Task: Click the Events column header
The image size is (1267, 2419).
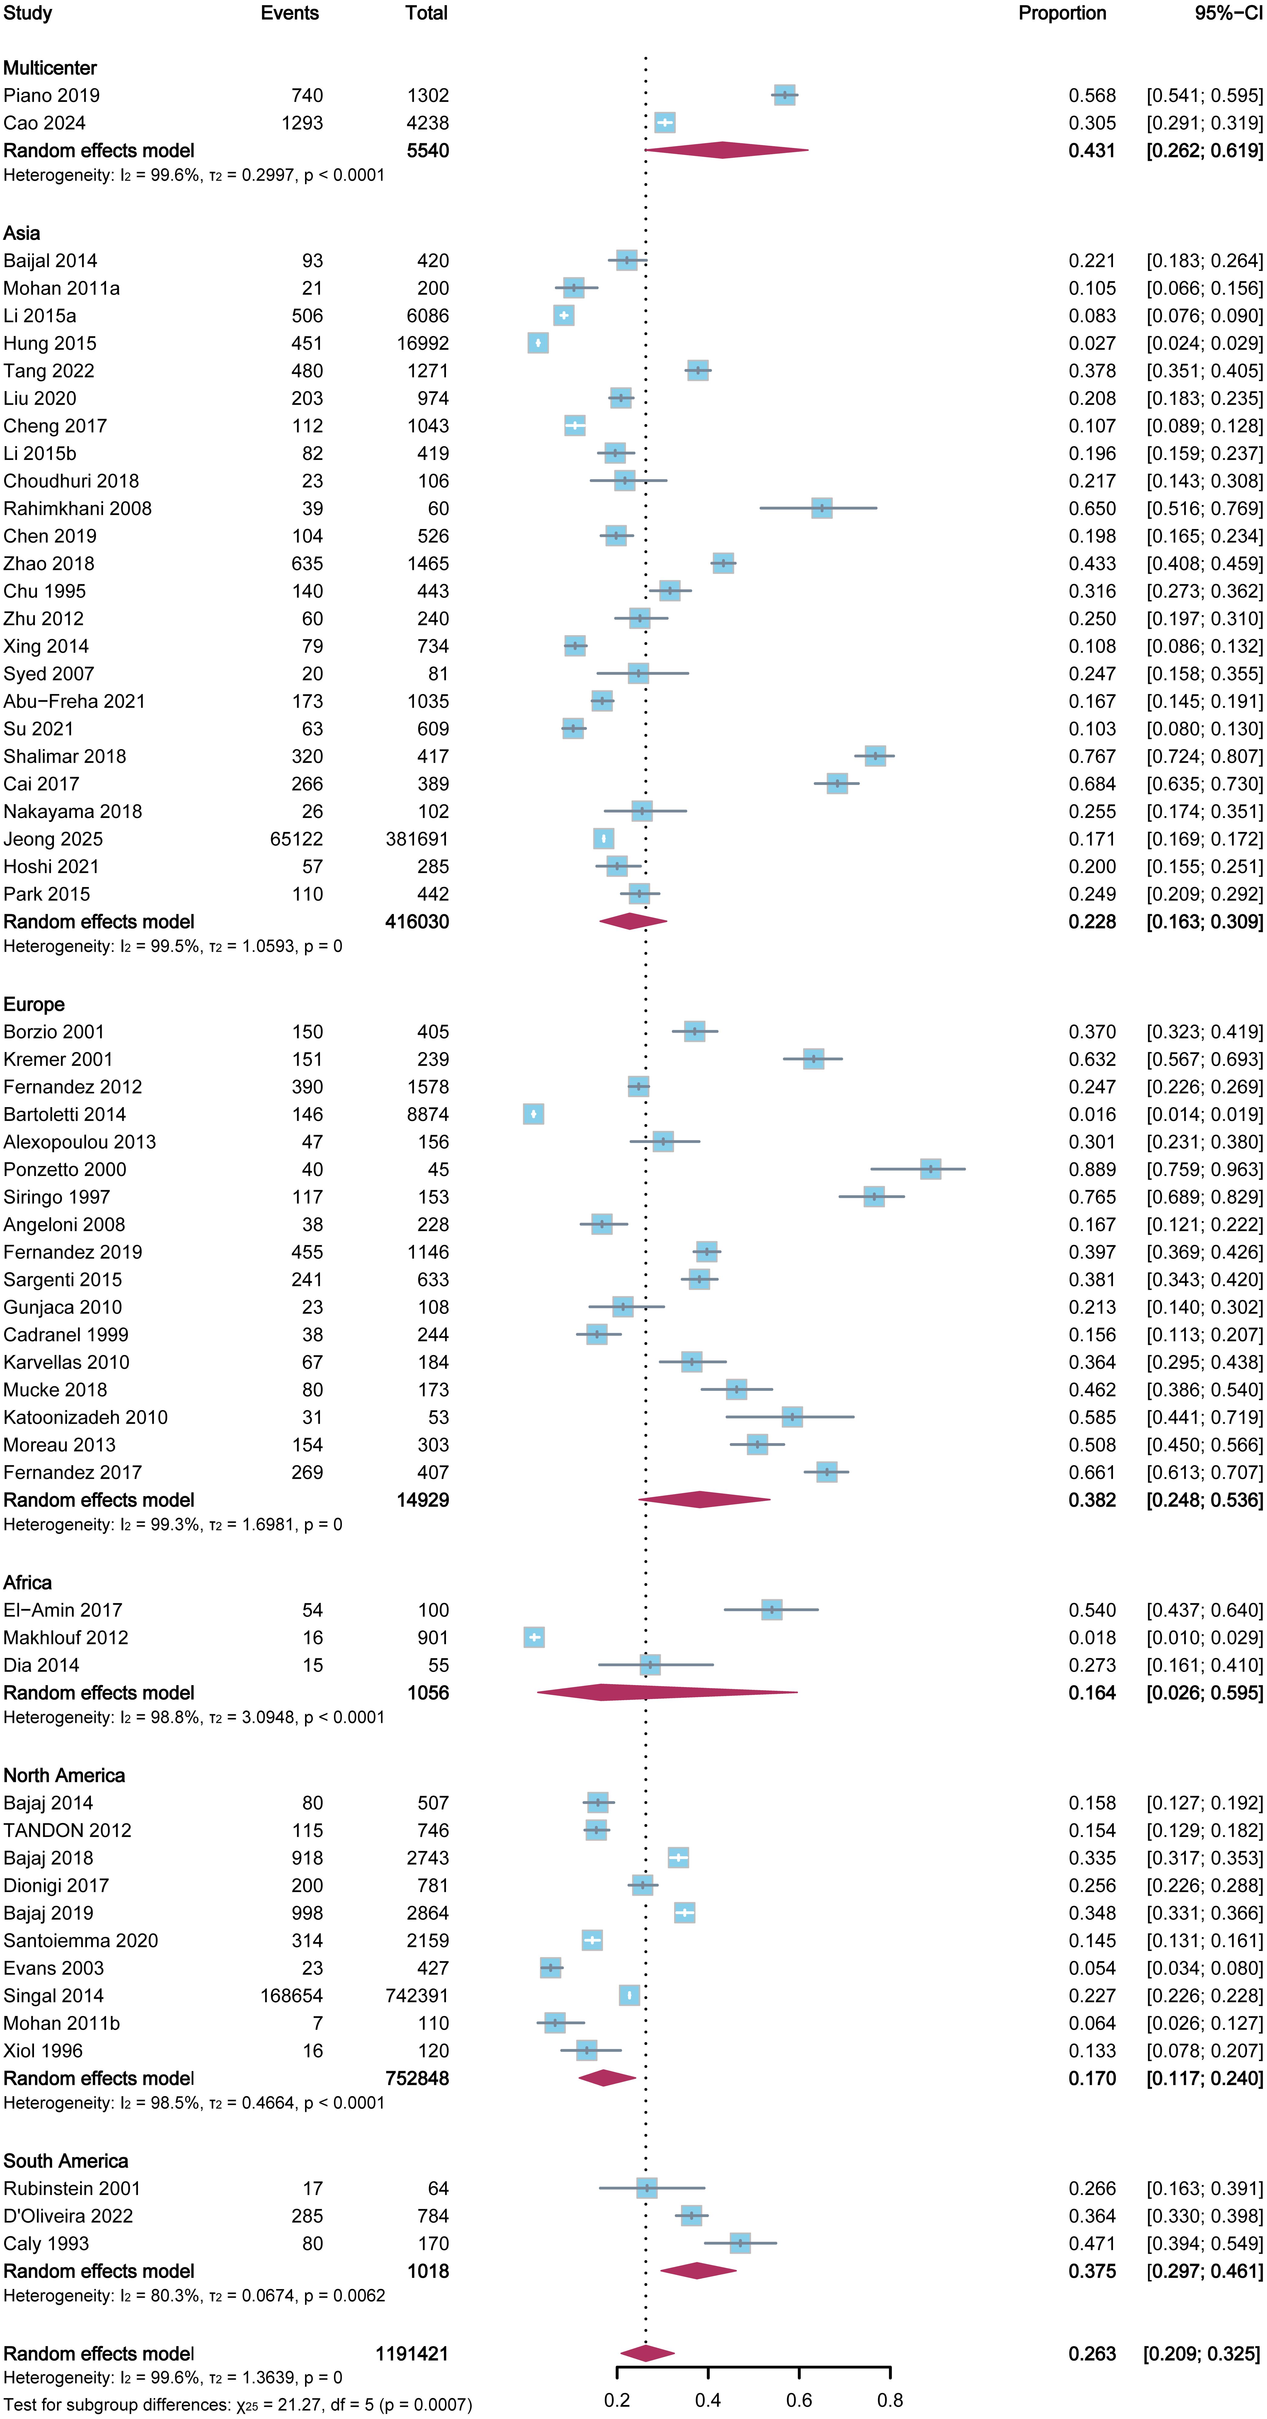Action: pos(289,13)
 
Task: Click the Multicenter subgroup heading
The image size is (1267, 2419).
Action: pos(50,68)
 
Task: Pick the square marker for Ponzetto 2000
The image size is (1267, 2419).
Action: pos(930,1169)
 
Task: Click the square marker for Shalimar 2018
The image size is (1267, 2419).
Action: pos(874,756)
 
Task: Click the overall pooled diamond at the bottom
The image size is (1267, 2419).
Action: pos(646,2353)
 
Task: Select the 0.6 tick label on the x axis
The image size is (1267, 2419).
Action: pos(799,2400)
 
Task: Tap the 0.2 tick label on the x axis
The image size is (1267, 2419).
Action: pos(617,2400)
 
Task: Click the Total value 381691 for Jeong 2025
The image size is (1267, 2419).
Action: pos(417,839)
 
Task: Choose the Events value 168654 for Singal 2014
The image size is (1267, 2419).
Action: pos(291,1995)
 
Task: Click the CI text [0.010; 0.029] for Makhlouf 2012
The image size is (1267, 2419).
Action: pos(1204,1637)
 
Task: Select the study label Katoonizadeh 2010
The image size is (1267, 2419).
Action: pos(85,1417)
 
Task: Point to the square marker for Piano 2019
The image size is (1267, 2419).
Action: pos(784,95)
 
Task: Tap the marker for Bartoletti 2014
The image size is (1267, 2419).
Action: pos(534,1114)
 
